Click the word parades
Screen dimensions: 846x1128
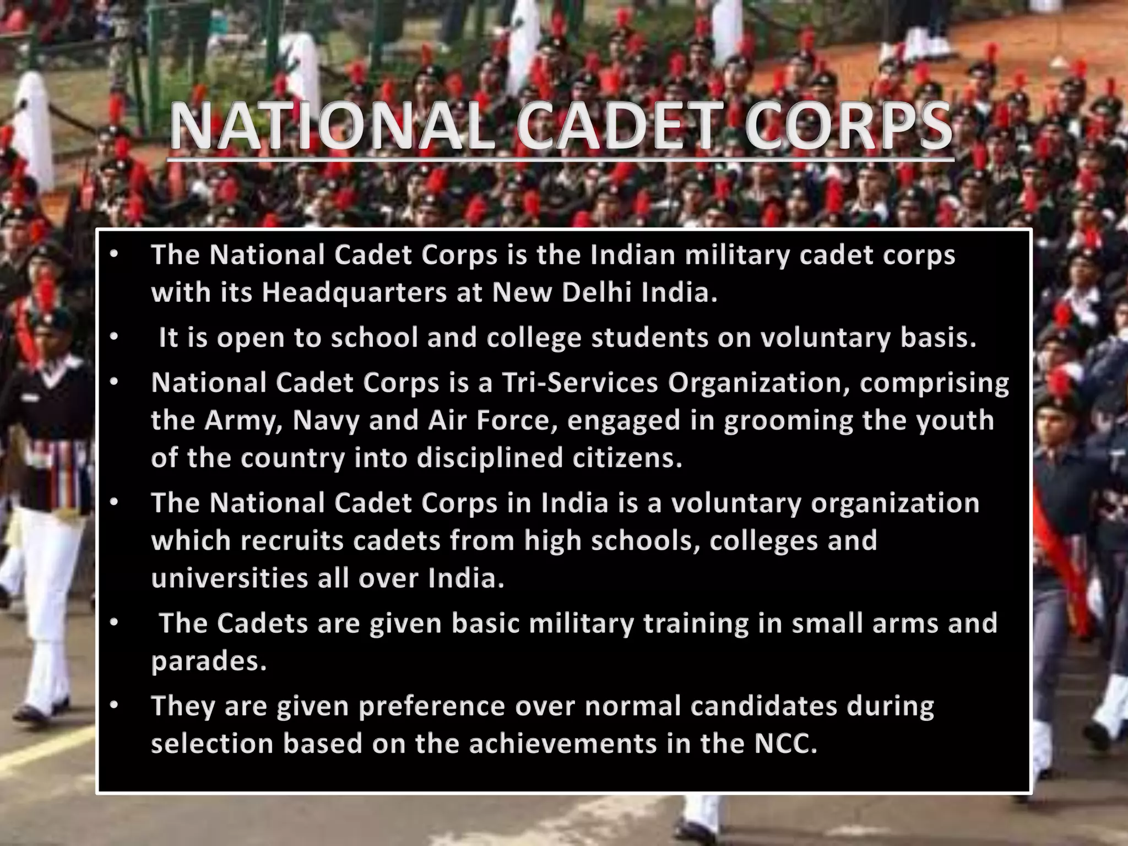coord(209,661)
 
